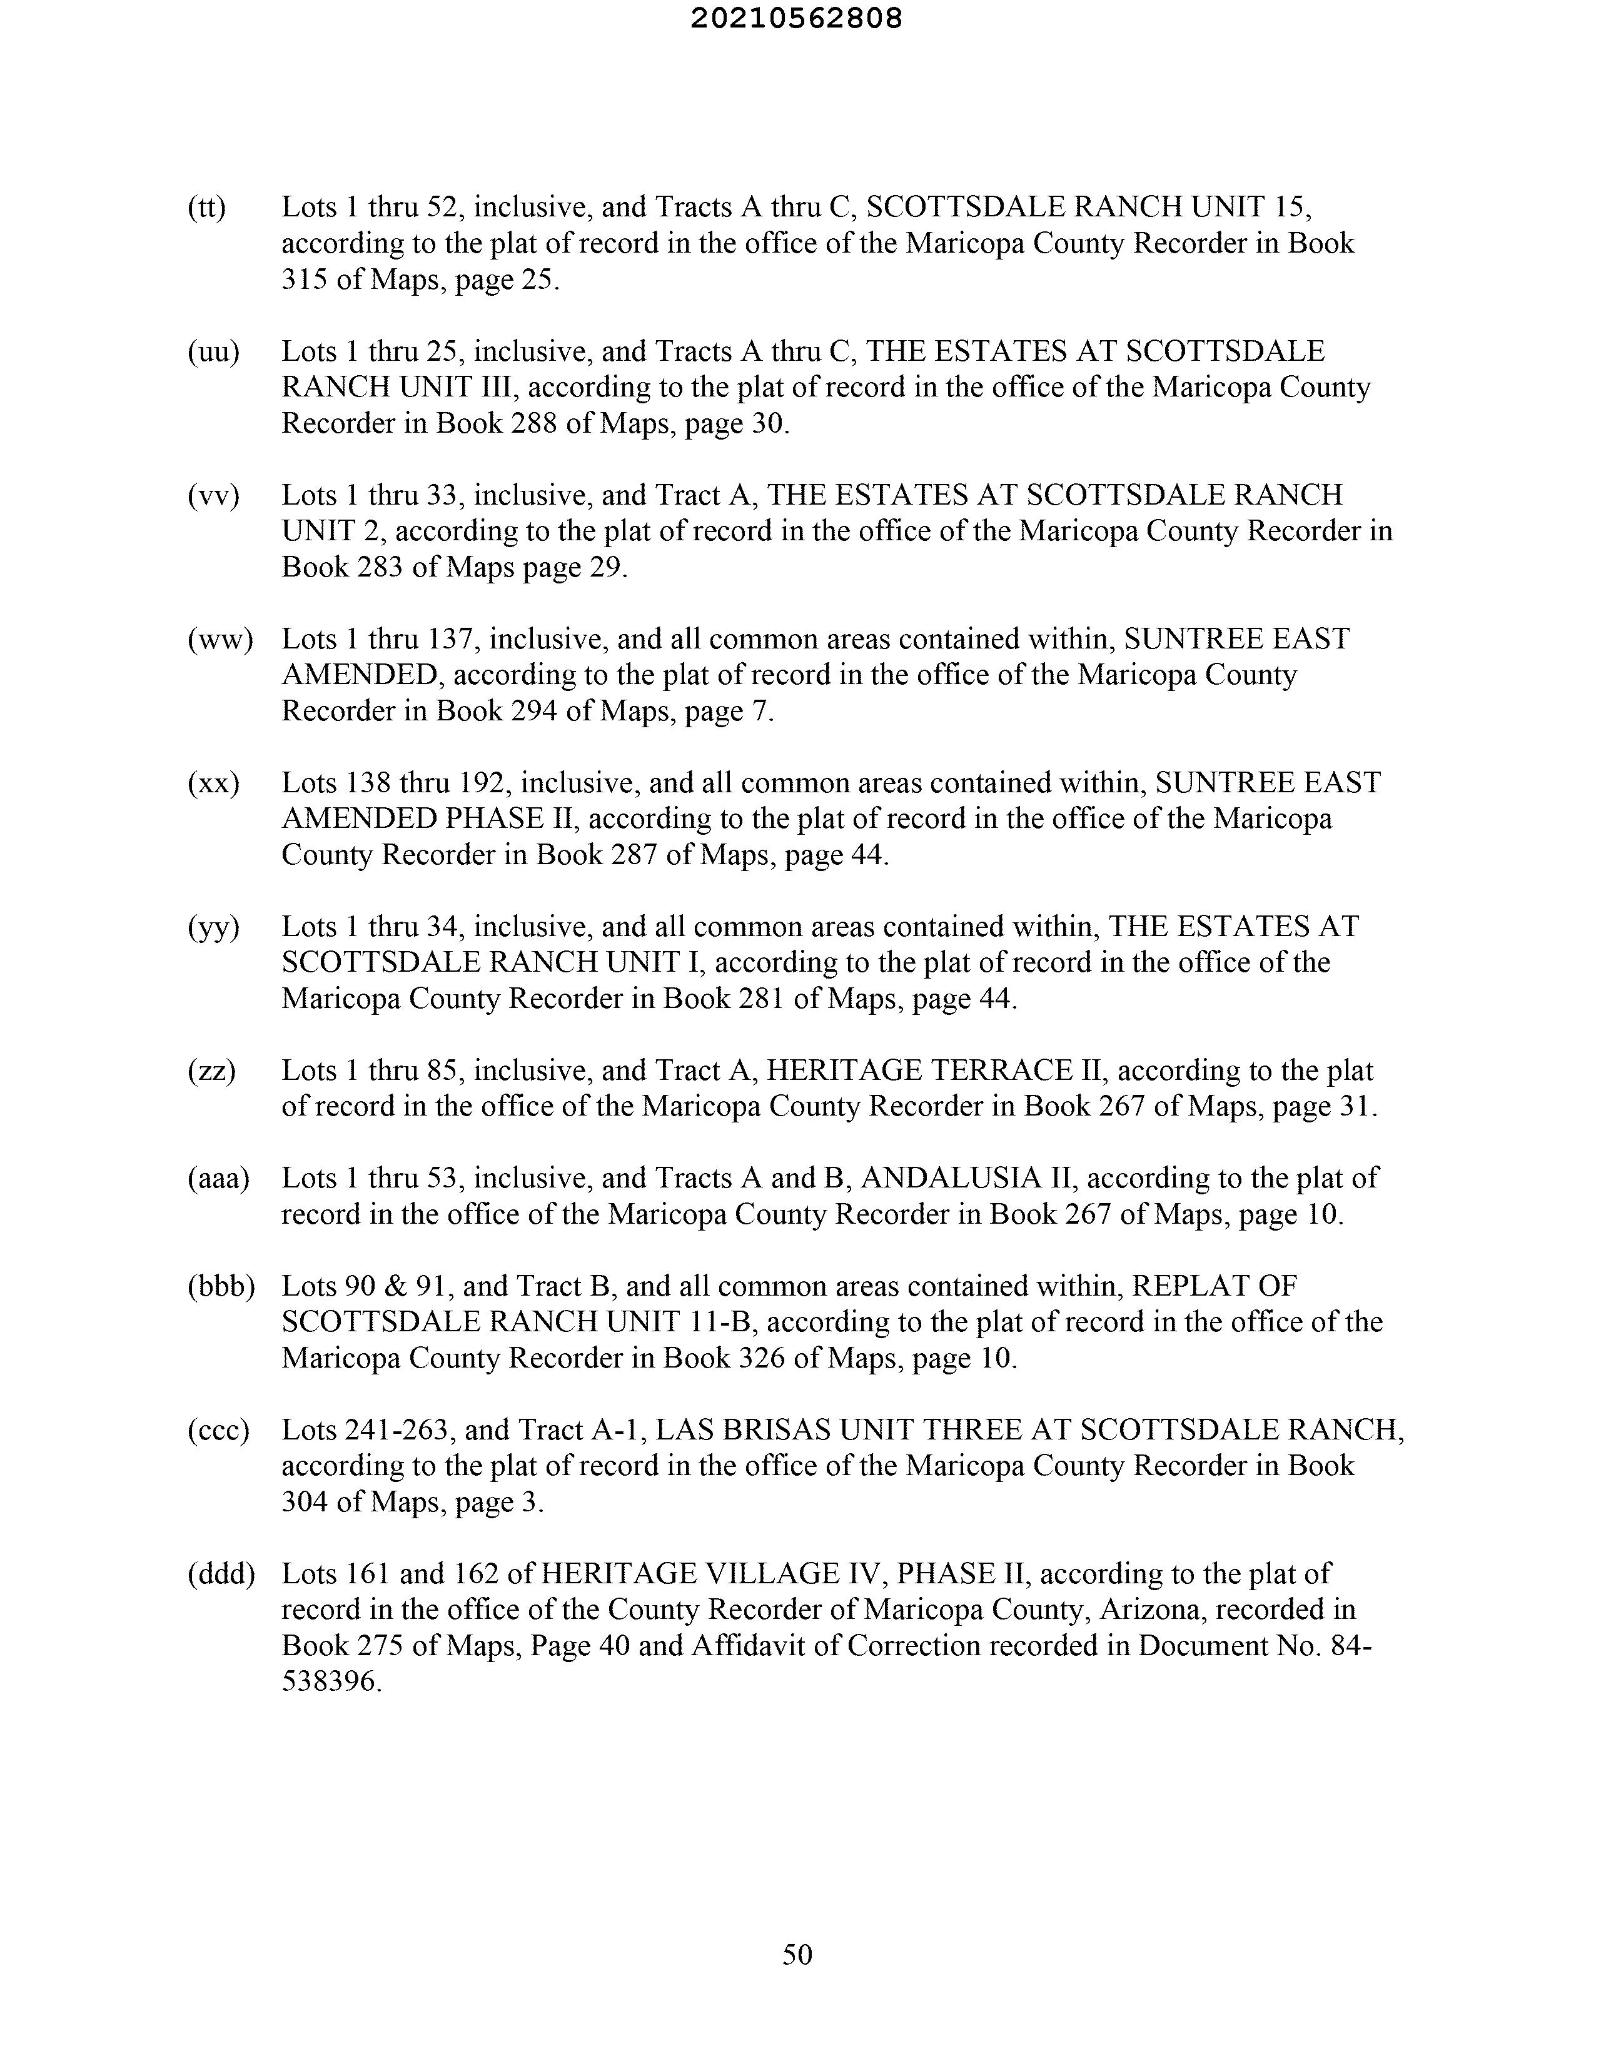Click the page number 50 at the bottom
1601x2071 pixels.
(x=797, y=1954)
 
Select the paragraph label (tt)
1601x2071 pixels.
(x=207, y=207)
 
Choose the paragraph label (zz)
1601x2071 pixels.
(x=211, y=1071)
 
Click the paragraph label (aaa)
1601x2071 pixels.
(x=218, y=1179)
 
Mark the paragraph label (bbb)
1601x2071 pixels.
(x=221, y=1287)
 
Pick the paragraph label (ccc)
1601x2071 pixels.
(x=218, y=1430)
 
